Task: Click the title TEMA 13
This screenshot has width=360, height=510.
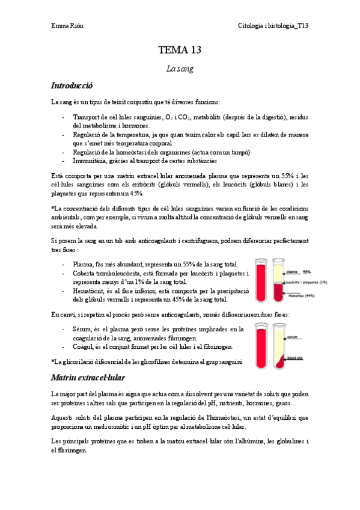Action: click(180, 50)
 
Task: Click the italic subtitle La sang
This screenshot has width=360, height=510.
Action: click(180, 69)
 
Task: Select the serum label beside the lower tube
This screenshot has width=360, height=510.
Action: click(294, 337)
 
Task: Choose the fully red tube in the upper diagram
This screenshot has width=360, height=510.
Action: click(260, 280)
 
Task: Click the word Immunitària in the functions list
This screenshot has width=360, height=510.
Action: click(92, 161)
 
